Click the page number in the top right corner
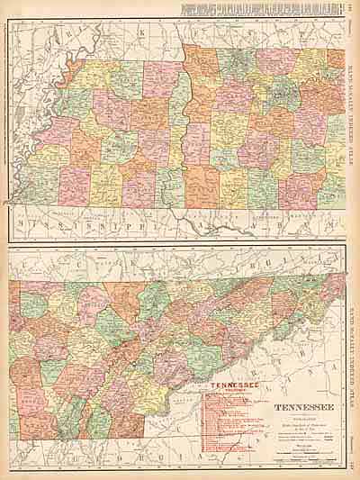(x=352, y=9)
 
